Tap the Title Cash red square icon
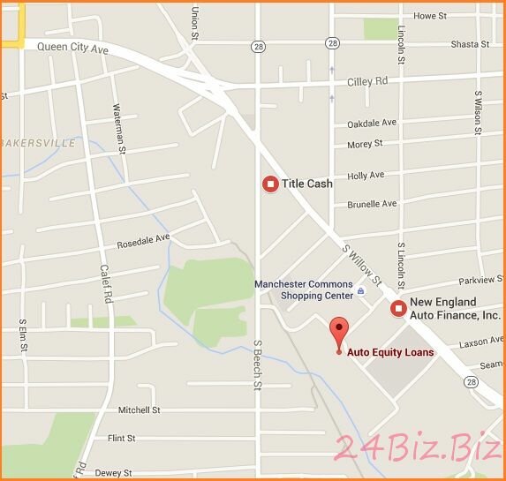pos(270,184)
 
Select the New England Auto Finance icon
pos(398,308)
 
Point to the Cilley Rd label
pos(369,80)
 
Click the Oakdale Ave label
pos(372,123)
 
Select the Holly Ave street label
pos(366,176)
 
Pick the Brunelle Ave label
pos(372,204)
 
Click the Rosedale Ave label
pos(143,239)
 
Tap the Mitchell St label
pos(139,410)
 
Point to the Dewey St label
pos(113,473)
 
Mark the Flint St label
pos(120,438)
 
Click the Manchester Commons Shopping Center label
pos(303,289)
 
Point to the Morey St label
pos(365,143)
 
